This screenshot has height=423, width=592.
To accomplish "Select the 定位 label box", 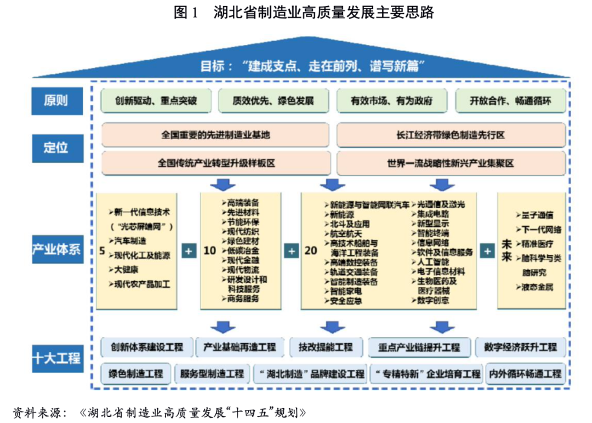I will [x=57, y=147].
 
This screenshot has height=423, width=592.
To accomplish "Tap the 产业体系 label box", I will [x=57, y=250].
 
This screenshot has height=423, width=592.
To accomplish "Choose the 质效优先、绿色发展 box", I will [x=273, y=101].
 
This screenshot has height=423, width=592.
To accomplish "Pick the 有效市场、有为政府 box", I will [x=391, y=101].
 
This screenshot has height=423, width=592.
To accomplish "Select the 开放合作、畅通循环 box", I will [x=510, y=101].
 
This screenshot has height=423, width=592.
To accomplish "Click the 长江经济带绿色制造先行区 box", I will [x=451, y=135].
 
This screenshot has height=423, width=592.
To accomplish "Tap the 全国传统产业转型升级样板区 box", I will [x=215, y=163].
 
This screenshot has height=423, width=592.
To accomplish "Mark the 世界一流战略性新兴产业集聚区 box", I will [x=451, y=163].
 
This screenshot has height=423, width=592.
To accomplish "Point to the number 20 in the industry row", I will [x=311, y=251].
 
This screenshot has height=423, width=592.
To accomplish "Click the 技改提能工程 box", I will [x=326, y=347].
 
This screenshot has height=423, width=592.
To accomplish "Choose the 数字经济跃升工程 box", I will [x=520, y=347].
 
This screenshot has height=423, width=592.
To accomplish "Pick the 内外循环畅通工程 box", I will [x=525, y=374].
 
